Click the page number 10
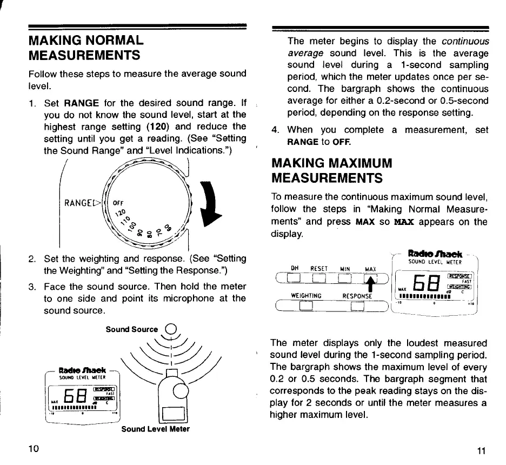coord(34,448)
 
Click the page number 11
coord(482,452)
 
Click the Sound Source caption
coord(132,329)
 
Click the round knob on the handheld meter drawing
coord(179,391)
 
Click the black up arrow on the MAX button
coord(371,281)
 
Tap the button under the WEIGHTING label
coord(306,307)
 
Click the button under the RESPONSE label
coord(357,307)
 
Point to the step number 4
coord(276,130)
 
